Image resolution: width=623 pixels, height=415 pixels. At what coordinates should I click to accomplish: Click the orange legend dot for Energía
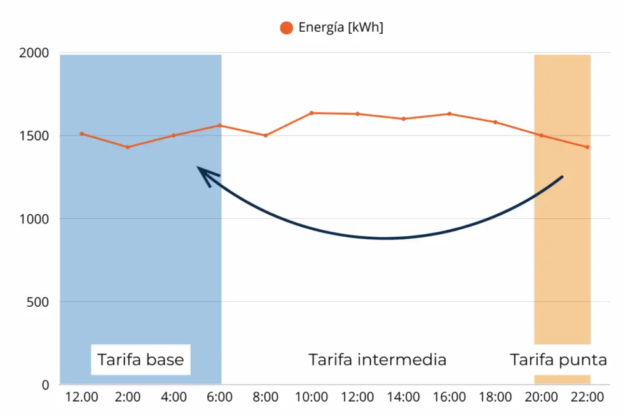tap(286, 27)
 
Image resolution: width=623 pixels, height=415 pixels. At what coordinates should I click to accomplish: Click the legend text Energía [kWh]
tap(341, 27)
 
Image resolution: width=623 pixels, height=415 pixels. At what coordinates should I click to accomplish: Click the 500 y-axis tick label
tap(40, 302)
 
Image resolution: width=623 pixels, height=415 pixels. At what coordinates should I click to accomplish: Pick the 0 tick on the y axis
tap(46, 384)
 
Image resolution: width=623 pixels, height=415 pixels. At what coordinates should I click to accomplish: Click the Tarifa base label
tap(140, 360)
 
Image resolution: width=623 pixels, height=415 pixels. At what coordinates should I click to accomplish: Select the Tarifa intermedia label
tap(378, 360)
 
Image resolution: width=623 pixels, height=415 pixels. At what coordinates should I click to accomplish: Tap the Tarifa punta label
tap(558, 360)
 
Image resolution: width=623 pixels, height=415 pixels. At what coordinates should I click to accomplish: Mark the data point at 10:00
tap(311, 113)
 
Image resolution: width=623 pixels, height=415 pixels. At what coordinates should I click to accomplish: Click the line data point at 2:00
tap(128, 147)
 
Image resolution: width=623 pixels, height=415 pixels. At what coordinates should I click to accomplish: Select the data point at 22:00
tap(587, 147)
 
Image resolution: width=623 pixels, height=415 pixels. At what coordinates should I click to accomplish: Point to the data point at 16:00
tap(449, 114)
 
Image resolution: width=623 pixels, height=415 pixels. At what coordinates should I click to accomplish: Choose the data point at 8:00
tap(266, 136)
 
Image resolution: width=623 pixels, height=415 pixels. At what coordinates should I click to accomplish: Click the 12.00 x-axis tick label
tap(82, 398)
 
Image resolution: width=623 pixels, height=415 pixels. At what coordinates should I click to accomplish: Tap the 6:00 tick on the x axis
tap(219, 398)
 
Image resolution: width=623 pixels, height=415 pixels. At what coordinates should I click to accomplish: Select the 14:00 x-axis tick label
tap(403, 398)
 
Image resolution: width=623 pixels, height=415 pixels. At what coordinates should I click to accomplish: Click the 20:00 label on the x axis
tap(541, 398)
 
